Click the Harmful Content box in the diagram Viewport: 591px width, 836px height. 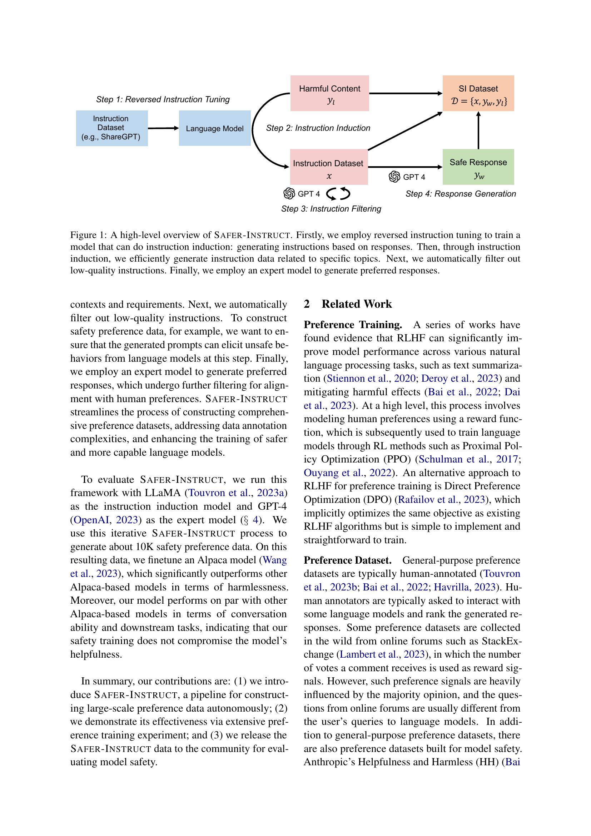click(329, 93)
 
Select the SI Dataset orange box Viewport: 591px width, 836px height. click(478, 93)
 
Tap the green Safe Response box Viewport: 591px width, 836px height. click(478, 167)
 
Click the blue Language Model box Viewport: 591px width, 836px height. click(214, 128)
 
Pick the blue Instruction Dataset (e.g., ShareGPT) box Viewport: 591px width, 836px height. click(111, 128)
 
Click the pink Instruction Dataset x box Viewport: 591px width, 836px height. click(329, 167)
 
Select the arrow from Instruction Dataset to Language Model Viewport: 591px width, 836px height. click(163, 128)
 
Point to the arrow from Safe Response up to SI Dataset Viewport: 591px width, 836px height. click(478, 130)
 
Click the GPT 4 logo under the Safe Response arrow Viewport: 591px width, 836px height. click(394, 177)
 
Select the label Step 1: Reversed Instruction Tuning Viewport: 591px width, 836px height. click(163, 99)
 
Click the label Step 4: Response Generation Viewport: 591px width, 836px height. click(460, 194)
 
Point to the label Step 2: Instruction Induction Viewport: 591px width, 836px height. click(318, 128)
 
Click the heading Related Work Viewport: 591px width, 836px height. click(356, 304)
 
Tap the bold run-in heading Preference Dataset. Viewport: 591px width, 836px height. click(347, 560)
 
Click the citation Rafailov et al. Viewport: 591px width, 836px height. click(427, 499)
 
